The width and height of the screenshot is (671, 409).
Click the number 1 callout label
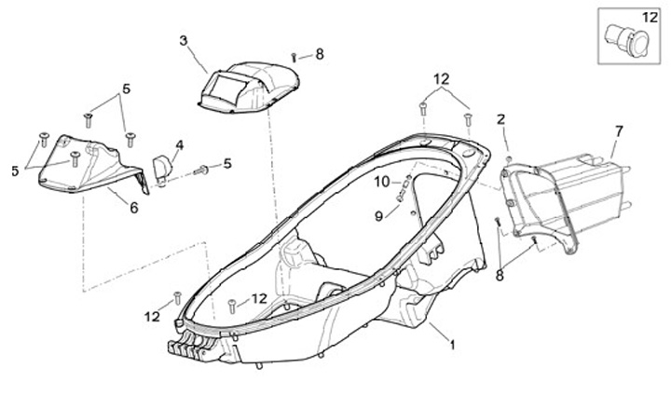[x=452, y=346]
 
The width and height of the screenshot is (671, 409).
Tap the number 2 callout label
[x=500, y=119]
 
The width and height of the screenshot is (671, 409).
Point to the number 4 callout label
[x=179, y=144]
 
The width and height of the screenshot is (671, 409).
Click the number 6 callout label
[x=134, y=208]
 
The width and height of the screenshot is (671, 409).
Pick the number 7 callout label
[x=618, y=130]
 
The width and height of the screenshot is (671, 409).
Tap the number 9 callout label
[x=379, y=216]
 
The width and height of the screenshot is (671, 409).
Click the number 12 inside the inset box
[x=649, y=17]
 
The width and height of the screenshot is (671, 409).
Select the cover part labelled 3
[x=248, y=87]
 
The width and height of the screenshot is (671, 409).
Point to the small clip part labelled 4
[x=162, y=169]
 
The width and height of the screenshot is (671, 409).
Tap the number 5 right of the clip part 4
[x=226, y=164]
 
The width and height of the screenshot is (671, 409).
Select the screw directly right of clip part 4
[x=199, y=170]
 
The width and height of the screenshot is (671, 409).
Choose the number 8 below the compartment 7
[x=500, y=275]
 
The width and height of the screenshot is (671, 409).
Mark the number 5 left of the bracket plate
[x=15, y=171]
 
